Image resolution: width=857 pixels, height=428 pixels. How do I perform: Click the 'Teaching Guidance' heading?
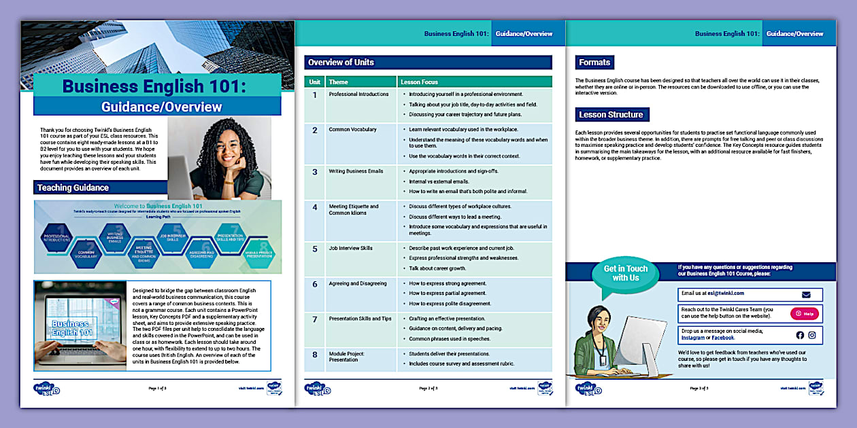click(x=73, y=188)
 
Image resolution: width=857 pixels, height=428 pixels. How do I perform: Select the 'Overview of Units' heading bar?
click(x=427, y=63)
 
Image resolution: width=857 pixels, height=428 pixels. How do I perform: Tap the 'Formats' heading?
click(x=594, y=63)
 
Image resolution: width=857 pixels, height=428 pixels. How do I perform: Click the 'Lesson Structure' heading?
click(x=611, y=115)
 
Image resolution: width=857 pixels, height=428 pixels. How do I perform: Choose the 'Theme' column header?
click(x=339, y=82)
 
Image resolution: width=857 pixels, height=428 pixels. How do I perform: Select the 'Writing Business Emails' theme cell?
click(x=356, y=172)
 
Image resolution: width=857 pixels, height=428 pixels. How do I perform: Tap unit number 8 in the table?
click(x=314, y=355)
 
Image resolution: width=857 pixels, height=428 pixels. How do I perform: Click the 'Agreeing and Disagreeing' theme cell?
click(x=358, y=283)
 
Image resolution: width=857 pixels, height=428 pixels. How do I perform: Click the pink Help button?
click(x=805, y=314)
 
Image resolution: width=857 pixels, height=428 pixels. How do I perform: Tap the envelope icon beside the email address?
click(x=806, y=295)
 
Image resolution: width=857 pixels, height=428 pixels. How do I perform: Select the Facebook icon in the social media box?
click(x=800, y=335)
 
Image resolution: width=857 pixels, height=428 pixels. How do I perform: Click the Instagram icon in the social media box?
click(x=811, y=335)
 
